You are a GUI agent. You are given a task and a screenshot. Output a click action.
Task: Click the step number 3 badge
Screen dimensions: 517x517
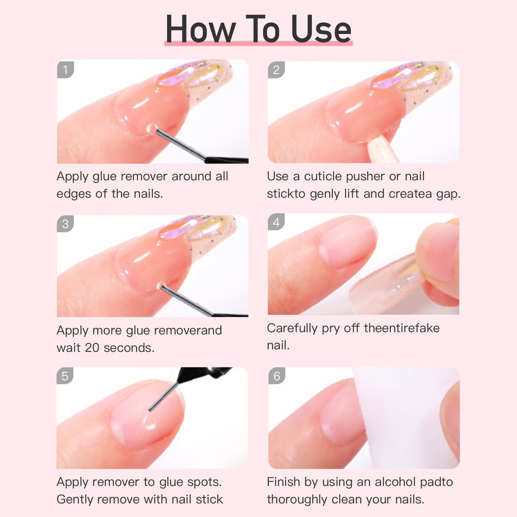pos(65,223)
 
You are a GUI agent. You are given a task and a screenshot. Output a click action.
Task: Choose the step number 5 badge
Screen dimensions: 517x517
pos(65,376)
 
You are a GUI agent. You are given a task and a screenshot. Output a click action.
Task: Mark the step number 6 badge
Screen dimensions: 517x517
pos(276,376)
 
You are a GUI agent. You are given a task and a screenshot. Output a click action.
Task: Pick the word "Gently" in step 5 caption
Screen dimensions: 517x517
pos(75,499)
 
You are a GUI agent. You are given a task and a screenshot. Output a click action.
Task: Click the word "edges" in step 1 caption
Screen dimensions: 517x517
pos(73,194)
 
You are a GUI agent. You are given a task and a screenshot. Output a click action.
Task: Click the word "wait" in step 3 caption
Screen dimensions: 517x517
pos(67,347)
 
